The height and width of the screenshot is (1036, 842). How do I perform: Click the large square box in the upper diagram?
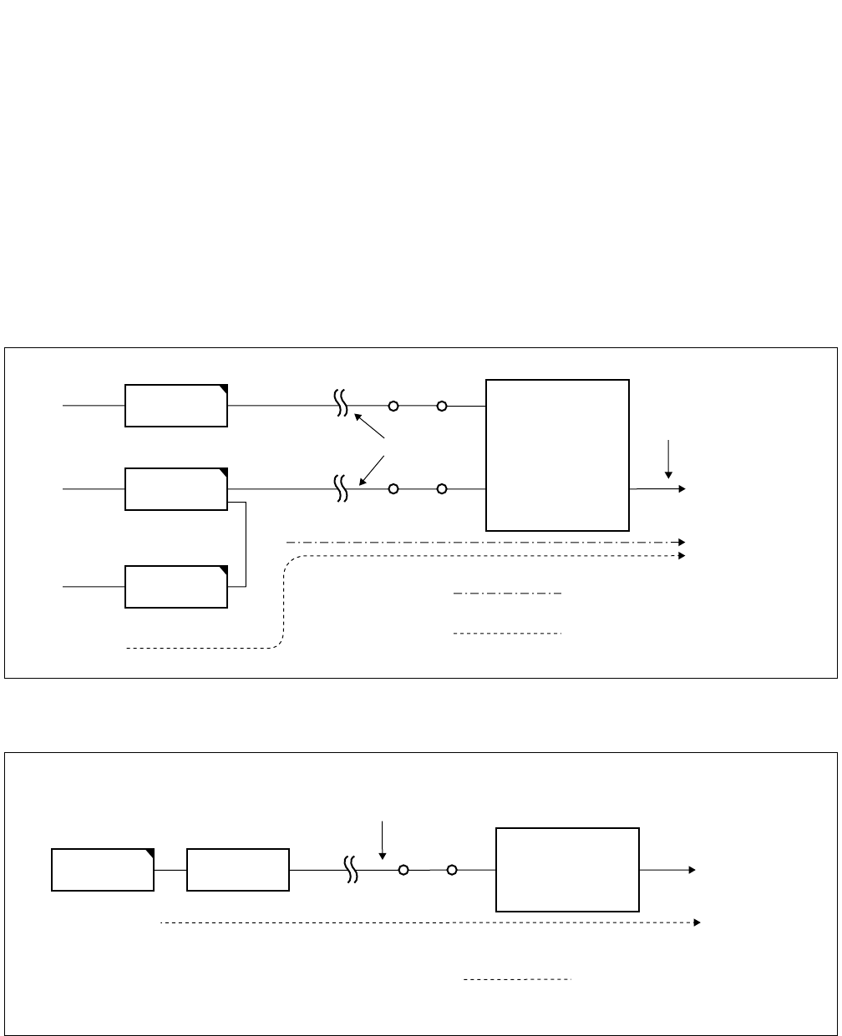coord(557,455)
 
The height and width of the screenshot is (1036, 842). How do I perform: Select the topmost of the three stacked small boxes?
coord(176,406)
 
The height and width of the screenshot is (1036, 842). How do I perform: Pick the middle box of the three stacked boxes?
coord(176,489)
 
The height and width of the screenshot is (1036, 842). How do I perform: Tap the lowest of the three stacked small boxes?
coord(176,586)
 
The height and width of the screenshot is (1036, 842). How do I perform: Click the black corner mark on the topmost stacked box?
coord(223,389)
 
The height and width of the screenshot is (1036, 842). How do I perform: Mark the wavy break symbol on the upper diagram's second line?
coord(341,489)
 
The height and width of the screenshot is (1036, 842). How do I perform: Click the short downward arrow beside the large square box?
coord(668,459)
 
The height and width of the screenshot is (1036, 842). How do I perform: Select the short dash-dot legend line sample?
coord(507,594)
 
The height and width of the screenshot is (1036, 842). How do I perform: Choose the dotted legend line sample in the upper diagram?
coord(507,634)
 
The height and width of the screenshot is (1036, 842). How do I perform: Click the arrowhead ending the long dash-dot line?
coord(682,543)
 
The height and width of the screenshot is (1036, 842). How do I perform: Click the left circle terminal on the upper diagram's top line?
coord(393,406)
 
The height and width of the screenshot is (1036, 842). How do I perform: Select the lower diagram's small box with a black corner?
coord(103,869)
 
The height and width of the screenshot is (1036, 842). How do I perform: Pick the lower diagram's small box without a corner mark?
coord(238,869)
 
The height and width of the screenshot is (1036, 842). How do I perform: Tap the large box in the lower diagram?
coord(568,869)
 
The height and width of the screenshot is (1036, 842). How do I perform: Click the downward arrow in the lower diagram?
coord(382,840)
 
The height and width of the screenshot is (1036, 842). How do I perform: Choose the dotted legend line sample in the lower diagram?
coord(517,978)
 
